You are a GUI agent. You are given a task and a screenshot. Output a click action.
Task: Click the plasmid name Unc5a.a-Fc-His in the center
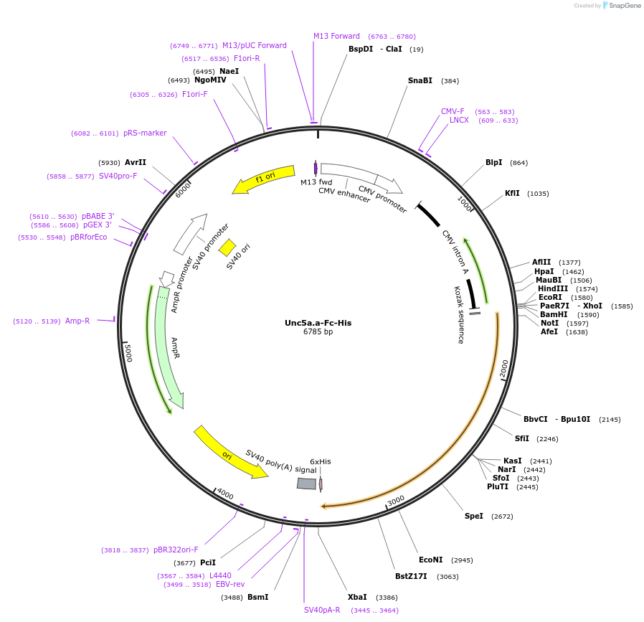pos(318,323)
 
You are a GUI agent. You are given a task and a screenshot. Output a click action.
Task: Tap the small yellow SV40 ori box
pos(227,248)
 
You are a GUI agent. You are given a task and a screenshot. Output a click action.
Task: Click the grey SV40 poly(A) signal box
pos(306,484)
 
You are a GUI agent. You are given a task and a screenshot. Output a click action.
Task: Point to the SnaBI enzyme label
pos(420,81)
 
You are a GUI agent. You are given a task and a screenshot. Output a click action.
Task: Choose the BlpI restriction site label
pos(493,163)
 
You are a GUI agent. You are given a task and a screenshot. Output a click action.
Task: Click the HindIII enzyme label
pos(552,288)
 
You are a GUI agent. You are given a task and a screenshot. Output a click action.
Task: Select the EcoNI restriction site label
pos(430,560)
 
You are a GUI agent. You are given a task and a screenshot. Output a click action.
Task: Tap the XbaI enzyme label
pos(357,597)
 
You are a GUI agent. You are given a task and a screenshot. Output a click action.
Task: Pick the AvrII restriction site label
pos(135,162)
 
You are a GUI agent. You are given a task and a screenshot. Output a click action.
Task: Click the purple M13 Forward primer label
pos(336,37)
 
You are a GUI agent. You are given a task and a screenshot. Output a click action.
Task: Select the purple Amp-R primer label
pos(77,321)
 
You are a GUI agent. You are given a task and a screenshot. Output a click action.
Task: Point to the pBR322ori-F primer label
pos(176,550)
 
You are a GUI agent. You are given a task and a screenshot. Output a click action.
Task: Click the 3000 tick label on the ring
pos(396,499)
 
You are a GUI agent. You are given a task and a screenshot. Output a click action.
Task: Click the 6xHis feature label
pos(321,461)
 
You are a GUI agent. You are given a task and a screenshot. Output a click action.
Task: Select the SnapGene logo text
pos(623,6)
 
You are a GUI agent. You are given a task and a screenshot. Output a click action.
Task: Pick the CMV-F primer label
pos(453,111)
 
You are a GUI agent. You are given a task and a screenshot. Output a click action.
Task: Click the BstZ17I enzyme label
pos(411,576)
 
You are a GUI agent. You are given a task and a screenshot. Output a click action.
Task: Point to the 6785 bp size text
pos(318,332)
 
